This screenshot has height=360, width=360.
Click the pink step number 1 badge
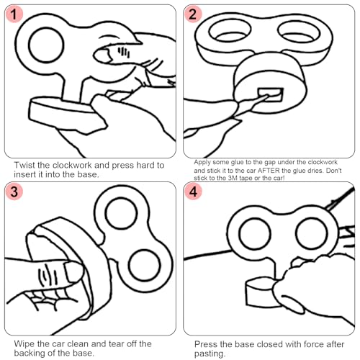pos(14,14)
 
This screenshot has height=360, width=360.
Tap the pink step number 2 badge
pos(192,14)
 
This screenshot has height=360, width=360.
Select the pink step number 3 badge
pos(14,192)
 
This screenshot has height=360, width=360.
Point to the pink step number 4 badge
pos(193,192)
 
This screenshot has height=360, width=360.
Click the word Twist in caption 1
pos(24,165)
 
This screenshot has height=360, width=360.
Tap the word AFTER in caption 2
pos(269,171)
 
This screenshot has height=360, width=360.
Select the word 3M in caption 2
pos(233,178)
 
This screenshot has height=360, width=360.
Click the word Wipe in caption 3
pos(24,344)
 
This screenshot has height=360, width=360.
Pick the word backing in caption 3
pos(29,354)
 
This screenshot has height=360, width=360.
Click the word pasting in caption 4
pos(209,354)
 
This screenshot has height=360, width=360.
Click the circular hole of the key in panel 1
pos(46,45)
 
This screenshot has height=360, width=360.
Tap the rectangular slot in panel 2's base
pos(271,95)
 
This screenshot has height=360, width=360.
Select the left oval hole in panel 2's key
pos(230,31)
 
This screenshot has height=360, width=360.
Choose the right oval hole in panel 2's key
pos(299,32)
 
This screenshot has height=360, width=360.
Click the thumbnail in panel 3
pos(73,271)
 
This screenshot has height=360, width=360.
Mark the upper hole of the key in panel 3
pos(121,213)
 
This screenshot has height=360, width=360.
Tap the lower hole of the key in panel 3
pos(145,266)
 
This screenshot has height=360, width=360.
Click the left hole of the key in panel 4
pos(255,234)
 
